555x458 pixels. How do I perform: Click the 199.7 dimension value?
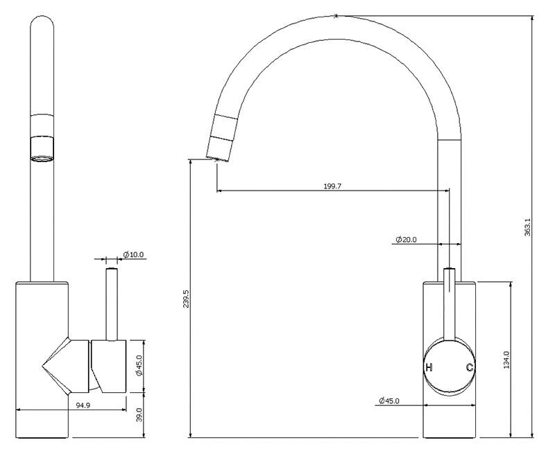[332, 186]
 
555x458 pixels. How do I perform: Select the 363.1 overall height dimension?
[527, 228]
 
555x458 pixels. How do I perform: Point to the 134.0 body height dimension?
[507, 359]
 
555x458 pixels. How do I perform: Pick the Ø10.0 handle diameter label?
[133, 255]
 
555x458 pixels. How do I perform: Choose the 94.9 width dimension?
[83, 405]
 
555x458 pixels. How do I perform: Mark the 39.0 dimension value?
[139, 415]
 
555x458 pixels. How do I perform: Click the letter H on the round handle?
[429, 367]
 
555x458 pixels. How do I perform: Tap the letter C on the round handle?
[470, 367]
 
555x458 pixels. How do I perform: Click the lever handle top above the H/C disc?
[450, 274]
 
